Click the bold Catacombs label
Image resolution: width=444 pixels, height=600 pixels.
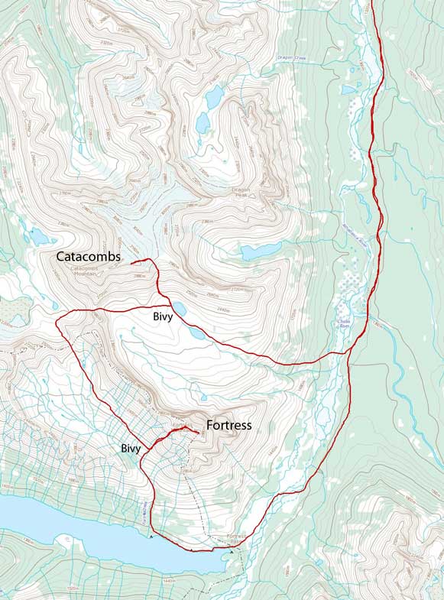click(x=88, y=258)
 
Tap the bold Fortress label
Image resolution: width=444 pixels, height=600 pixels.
click(x=228, y=425)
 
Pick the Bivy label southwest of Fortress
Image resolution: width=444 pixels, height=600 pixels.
click(x=129, y=448)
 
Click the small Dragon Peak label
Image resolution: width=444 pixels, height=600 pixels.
click(x=243, y=193)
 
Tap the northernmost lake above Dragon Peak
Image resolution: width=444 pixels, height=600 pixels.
click(x=214, y=96)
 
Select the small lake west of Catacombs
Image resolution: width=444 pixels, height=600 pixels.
click(x=39, y=237)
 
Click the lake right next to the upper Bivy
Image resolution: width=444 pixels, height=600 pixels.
click(x=180, y=309)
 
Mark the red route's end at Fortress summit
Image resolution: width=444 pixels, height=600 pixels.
click(x=199, y=434)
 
